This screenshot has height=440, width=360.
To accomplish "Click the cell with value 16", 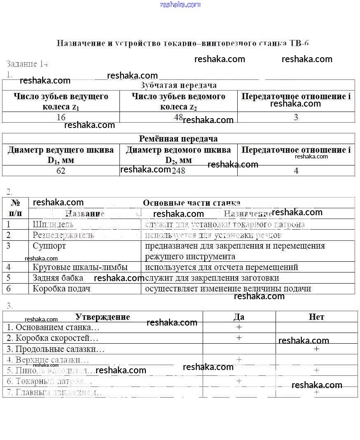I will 61,117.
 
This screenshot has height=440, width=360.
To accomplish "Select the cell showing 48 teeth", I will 178,117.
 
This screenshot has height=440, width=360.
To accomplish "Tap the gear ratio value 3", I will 296,117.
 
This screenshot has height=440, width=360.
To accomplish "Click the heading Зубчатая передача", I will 178,85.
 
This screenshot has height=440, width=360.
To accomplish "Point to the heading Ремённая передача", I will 178,139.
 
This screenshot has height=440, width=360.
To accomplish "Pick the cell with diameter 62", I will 61,171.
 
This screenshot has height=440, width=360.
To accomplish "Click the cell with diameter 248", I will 178,171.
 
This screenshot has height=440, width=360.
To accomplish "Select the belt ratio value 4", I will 296,171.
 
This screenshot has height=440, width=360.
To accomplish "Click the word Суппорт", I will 49,246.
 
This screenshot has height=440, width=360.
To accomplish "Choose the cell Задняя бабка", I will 58,278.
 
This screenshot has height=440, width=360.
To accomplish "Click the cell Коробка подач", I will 62,289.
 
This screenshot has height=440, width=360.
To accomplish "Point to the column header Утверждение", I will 103,317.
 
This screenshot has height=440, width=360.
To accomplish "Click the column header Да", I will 239,317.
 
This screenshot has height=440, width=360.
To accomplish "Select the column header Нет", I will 316,317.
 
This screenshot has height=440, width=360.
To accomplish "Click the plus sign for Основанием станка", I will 239,327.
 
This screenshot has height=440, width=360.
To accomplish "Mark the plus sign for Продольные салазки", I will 316,349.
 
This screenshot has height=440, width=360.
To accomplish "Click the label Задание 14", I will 27,64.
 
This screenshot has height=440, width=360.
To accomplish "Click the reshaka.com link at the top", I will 180,5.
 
